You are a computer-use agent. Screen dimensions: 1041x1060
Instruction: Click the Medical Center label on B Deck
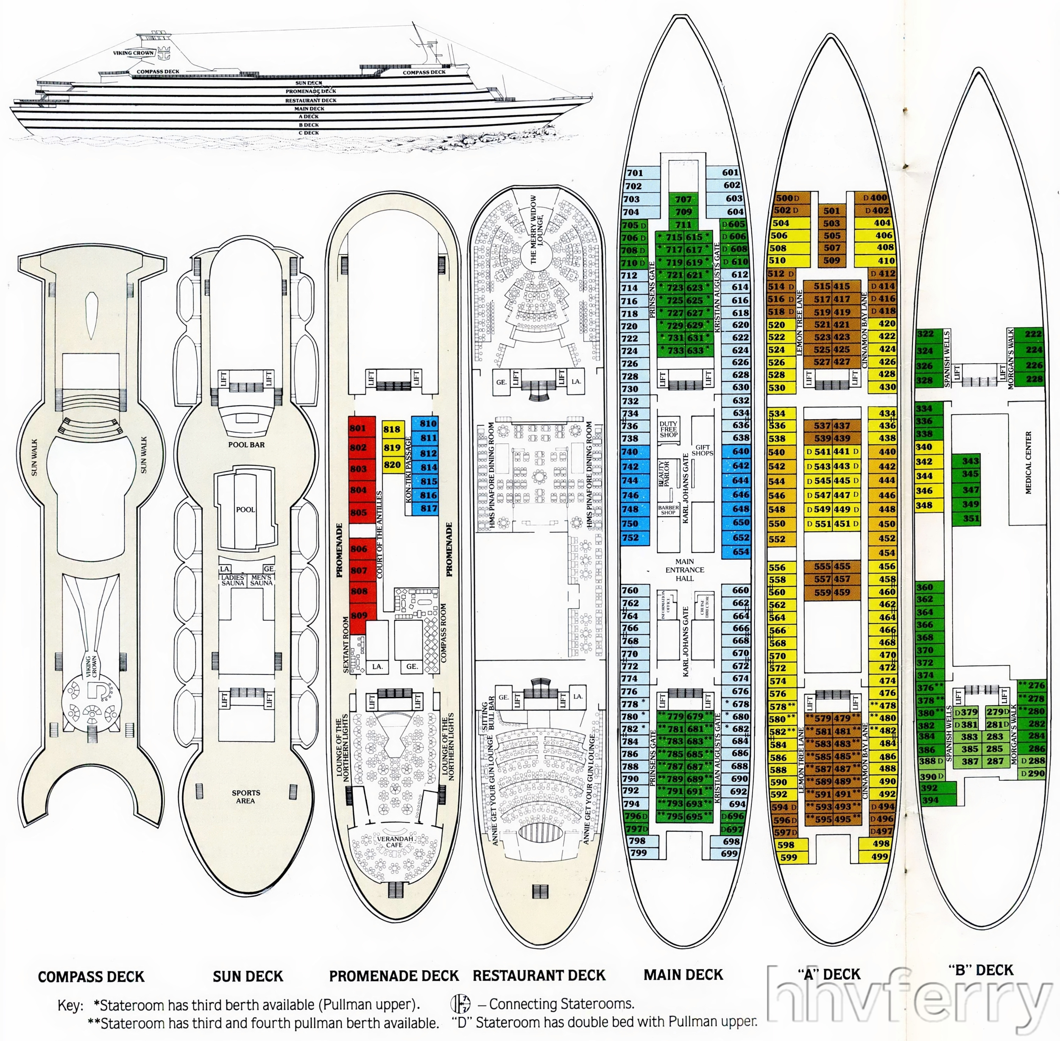click(1028, 462)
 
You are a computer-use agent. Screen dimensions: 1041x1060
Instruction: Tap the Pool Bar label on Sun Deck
click(246, 445)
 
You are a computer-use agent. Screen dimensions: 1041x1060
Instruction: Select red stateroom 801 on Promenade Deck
click(358, 428)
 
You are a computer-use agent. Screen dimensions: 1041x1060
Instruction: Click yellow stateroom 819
click(392, 448)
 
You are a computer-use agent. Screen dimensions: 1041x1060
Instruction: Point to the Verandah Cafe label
click(394, 841)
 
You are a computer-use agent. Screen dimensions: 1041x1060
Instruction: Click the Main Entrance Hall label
click(684, 570)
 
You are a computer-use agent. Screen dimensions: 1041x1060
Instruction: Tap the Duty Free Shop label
click(668, 429)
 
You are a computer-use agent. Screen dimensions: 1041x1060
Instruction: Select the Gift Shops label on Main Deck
click(702, 450)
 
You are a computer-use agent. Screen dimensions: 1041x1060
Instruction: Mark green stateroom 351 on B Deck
click(971, 519)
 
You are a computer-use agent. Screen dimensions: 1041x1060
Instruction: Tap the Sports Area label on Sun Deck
click(245, 796)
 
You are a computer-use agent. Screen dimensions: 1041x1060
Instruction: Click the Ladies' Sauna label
click(233, 580)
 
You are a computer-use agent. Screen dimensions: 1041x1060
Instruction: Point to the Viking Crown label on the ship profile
click(134, 53)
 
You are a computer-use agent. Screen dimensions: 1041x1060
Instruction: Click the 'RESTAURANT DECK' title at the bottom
click(539, 975)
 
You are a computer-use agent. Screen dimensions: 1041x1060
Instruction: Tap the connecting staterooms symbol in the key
click(460, 1004)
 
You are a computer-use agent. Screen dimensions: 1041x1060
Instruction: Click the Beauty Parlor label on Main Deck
click(664, 473)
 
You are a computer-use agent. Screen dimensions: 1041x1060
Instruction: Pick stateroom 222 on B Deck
click(1033, 334)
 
